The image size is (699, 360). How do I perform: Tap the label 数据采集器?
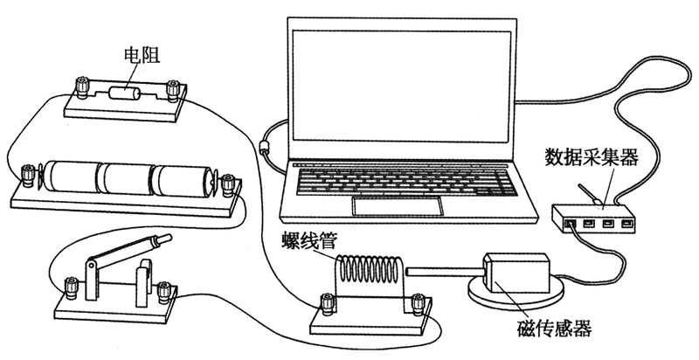[592, 157]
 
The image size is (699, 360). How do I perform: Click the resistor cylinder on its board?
[128, 90]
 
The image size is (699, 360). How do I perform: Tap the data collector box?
[594, 218]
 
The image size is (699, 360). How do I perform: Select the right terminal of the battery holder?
[229, 185]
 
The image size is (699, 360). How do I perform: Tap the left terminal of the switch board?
[72, 285]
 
